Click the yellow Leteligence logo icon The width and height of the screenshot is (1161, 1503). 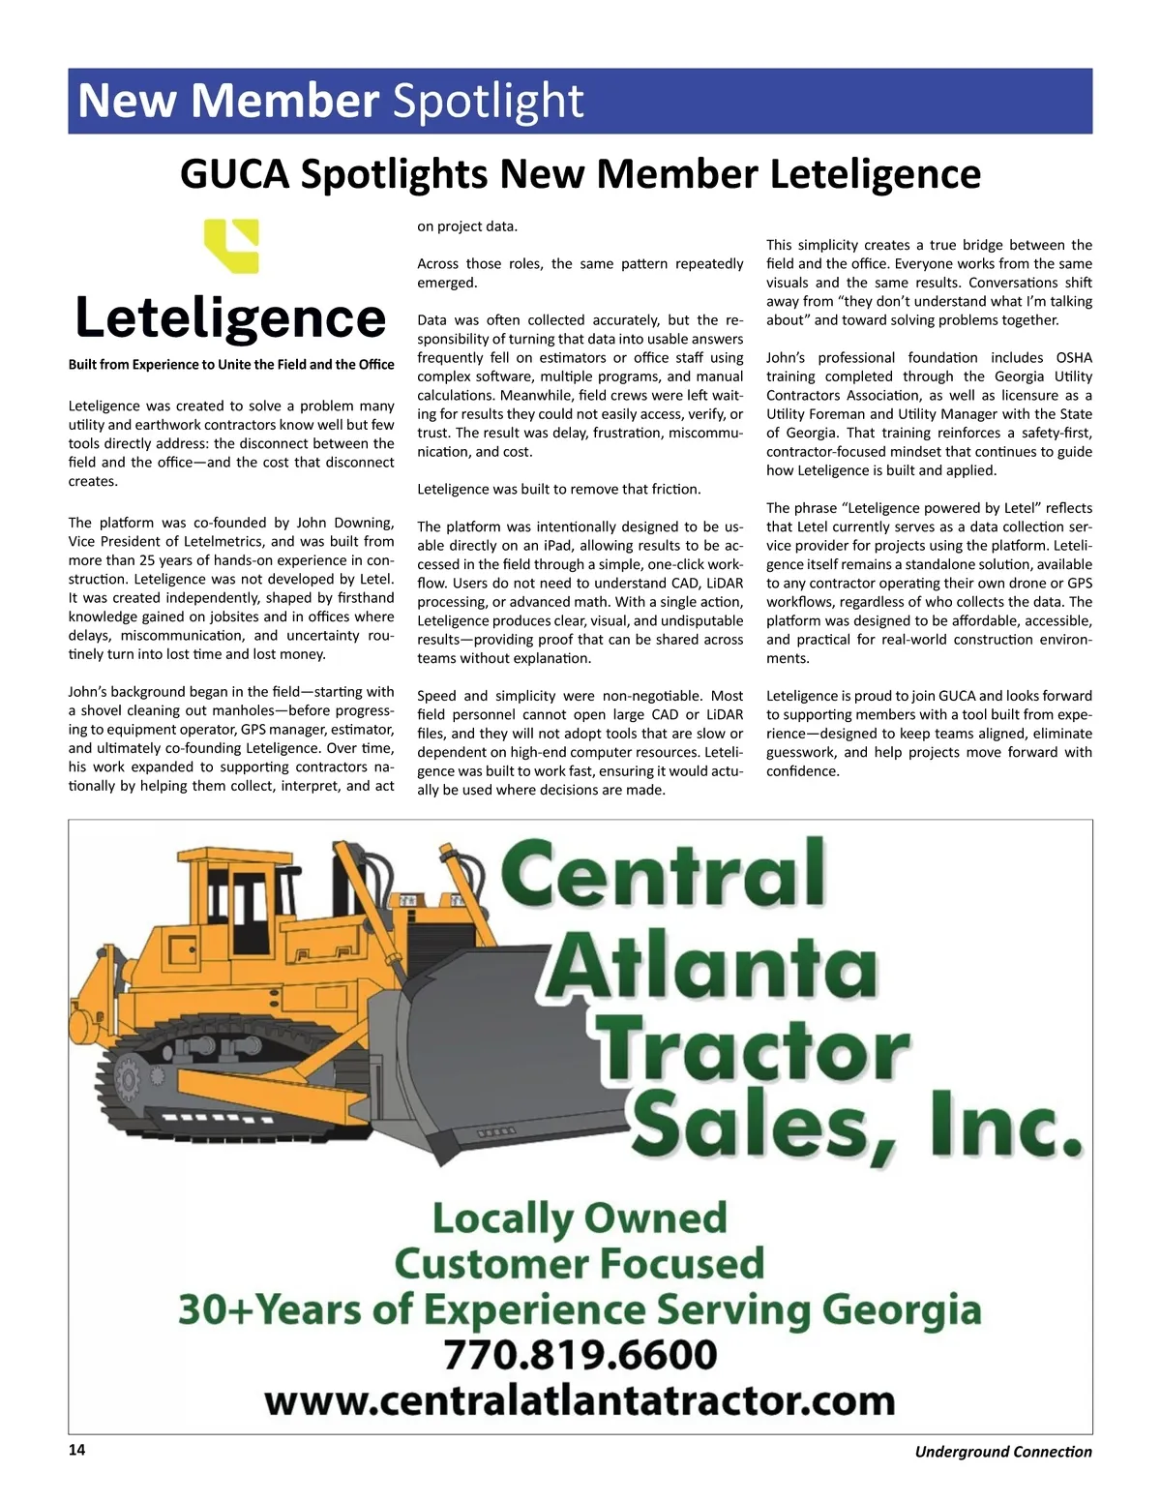231,246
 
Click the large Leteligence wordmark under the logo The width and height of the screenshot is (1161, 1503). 231,318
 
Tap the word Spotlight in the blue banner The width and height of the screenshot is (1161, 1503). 489,101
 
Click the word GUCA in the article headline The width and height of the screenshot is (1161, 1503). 236,174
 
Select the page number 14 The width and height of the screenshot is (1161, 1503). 76,1450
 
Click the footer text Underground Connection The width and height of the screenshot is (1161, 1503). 1003,1452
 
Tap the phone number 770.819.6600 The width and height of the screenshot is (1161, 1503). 580,1355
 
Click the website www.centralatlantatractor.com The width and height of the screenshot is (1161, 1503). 580,1400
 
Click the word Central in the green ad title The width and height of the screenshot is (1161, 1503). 664,874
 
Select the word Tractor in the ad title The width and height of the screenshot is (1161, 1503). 755,1050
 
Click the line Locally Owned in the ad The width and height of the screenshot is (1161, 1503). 580,1218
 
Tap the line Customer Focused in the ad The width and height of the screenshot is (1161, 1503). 580,1264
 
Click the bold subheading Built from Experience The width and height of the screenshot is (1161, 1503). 231,365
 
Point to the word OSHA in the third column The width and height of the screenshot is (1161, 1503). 1074,358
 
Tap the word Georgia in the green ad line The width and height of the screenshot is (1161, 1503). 902,1309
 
